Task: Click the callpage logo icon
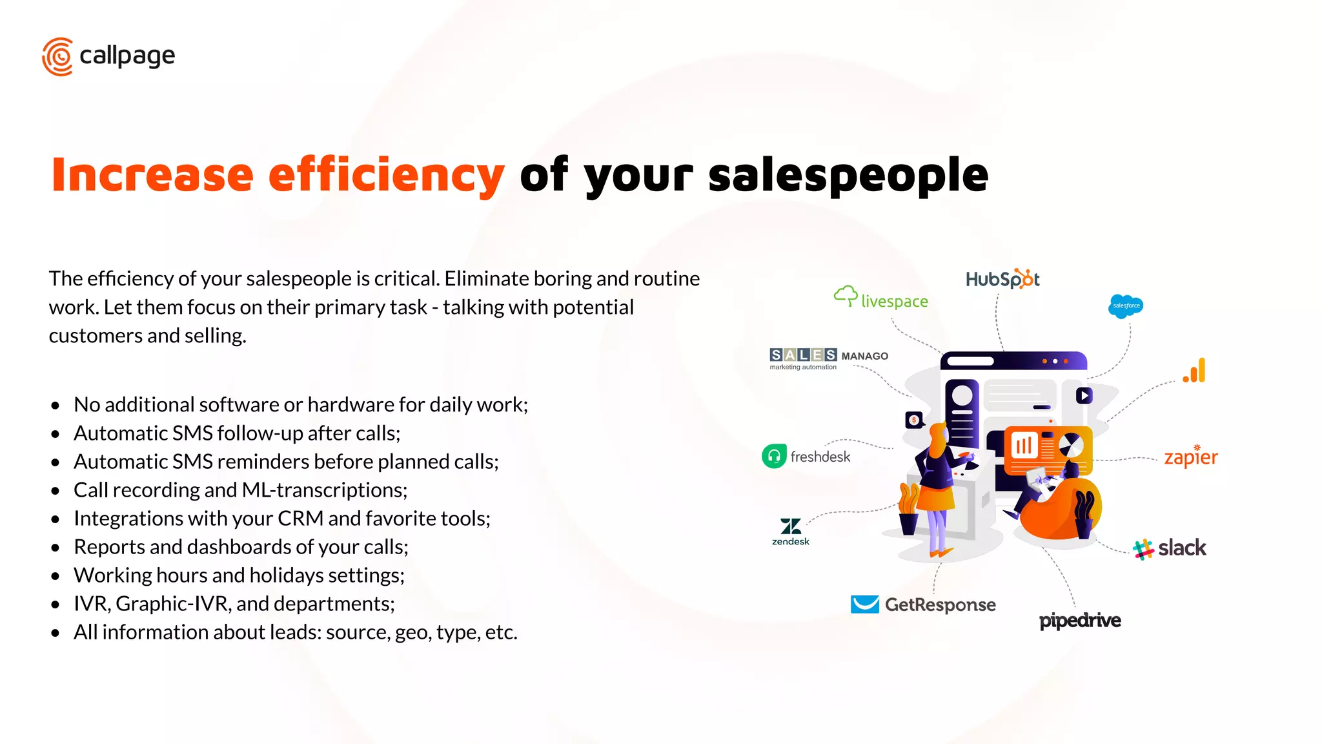tap(57, 57)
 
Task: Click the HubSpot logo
tap(1002, 279)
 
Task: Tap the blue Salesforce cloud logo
tap(1126, 306)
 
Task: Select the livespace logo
tap(881, 298)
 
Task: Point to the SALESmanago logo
tap(829, 358)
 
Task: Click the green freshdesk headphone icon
tap(774, 456)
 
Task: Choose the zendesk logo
tap(791, 532)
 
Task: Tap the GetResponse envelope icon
tap(864, 604)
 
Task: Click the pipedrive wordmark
tap(1080, 621)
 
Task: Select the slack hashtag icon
tap(1143, 549)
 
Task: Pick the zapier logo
tap(1191, 457)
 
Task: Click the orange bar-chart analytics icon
tap(1195, 371)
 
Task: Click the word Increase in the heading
tap(152, 175)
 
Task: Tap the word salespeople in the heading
tap(848, 175)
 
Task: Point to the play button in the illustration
tap(1084, 395)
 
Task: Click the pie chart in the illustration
tap(1070, 444)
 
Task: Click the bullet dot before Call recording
tap(56, 491)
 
